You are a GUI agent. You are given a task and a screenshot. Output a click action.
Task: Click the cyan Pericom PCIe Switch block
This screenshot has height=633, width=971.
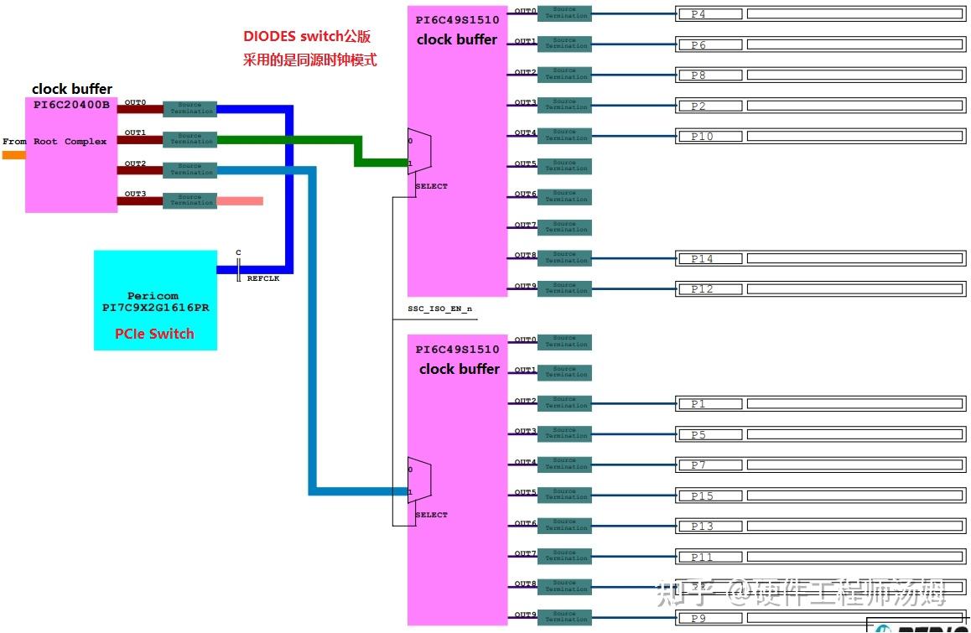tap(155, 300)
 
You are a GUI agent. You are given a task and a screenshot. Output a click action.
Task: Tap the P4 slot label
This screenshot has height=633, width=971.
tap(709, 14)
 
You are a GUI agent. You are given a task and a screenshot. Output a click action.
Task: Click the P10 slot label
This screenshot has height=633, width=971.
tap(709, 136)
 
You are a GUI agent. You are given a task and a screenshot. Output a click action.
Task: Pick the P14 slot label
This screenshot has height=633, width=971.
tap(709, 259)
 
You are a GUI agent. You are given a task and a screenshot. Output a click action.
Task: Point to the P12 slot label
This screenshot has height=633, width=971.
tap(709, 289)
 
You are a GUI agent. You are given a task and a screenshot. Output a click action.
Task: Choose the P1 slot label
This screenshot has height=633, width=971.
tap(709, 404)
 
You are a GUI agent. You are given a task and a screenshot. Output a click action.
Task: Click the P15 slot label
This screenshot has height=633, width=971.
tap(709, 496)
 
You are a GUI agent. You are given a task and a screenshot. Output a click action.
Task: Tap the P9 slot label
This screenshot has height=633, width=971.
tap(709, 618)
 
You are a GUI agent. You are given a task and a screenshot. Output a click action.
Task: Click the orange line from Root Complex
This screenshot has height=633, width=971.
tap(13, 154)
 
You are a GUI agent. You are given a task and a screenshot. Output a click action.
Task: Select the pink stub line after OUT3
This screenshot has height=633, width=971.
tap(240, 201)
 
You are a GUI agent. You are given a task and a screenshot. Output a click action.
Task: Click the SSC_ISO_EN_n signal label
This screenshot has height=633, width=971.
tap(439, 309)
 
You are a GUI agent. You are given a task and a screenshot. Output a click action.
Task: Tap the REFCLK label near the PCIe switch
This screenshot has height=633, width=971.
tap(263, 278)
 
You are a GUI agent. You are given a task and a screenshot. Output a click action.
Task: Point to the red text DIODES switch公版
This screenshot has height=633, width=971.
tap(307, 37)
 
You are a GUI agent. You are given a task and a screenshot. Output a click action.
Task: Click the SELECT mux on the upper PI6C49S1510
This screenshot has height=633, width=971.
tap(418, 153)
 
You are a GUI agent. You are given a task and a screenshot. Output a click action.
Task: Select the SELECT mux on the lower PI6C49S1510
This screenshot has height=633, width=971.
tap(418, 480)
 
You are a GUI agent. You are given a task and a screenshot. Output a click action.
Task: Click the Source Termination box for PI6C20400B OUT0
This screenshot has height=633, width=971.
tap(190, 109)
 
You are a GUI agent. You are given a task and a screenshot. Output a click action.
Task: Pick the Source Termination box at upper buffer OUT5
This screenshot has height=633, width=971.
tap(564, 166)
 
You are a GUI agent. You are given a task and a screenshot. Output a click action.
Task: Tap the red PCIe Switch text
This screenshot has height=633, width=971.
tap(154, 334)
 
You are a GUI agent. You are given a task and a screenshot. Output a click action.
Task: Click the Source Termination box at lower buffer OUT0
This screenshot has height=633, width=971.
tap(564, 342)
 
